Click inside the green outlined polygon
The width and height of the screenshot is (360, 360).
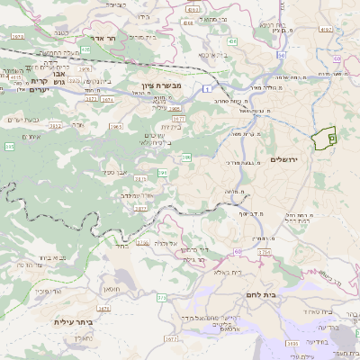coord(322,139)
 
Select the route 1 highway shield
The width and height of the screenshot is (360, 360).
coord(205,88)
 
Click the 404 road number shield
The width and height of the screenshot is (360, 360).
coord(232,41)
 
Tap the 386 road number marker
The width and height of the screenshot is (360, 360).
coord(186,157)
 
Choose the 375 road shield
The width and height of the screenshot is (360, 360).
coord(162,297)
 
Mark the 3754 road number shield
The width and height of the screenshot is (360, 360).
coord(264,253)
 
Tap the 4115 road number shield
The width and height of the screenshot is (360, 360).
coord(15,76)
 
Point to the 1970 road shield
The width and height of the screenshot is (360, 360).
coord(17,37)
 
